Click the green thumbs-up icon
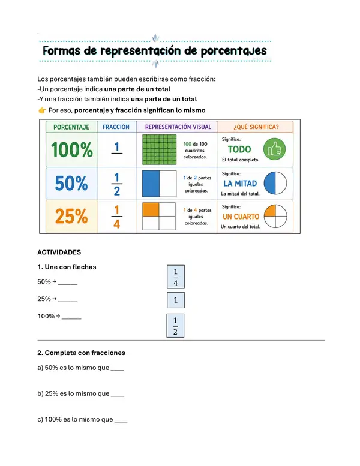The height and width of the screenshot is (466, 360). point(274,149)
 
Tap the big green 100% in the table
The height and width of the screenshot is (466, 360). point(72,149)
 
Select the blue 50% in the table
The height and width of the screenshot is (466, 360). point(71,183)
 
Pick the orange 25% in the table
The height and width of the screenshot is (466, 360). point(71,216)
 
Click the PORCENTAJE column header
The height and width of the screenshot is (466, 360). point(71,127)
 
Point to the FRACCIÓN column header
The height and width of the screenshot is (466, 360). point(116,127)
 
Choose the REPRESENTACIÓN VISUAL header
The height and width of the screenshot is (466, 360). point(178,127)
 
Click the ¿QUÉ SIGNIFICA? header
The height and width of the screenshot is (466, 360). point(256,127)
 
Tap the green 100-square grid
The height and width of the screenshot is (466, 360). point(160,149)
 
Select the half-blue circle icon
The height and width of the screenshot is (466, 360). point(275,183)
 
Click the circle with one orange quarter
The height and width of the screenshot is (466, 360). point(275,216)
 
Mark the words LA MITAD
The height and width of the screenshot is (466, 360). point(240,184)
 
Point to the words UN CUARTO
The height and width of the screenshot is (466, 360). point(241,217)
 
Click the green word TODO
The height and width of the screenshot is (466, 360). point(239,149)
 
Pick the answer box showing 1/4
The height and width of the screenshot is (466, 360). point(176,277)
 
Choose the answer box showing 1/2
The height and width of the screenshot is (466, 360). point(175,326)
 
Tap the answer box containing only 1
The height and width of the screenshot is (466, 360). point(176,300)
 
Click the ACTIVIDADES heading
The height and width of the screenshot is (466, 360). point(59,252)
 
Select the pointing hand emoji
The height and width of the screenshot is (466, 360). point(42,110)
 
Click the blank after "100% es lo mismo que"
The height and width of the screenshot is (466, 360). point(121,422)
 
